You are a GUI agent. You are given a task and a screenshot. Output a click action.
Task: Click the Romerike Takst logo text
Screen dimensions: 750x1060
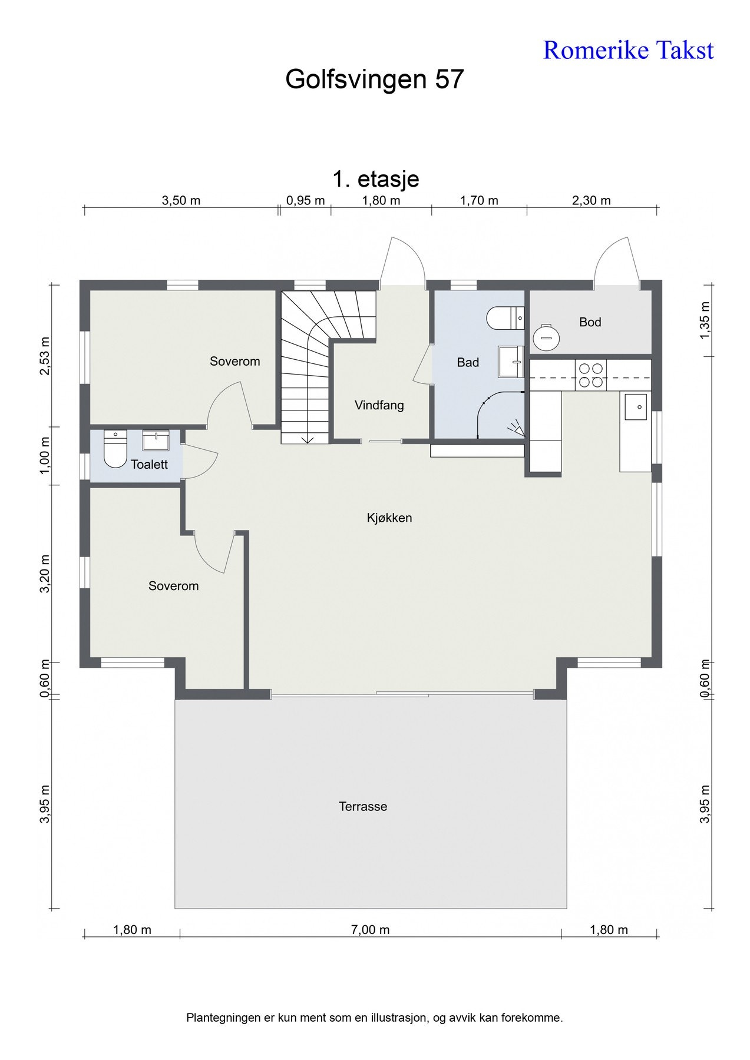point(628,51)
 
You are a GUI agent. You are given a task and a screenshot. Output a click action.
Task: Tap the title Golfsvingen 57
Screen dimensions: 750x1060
point(375,79)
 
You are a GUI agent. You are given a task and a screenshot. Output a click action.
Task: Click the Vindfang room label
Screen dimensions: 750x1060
point(379,405)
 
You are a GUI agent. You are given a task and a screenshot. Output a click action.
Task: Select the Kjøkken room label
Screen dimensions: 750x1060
point(389,518)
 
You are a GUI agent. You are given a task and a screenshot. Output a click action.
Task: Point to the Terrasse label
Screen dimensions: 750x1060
point(363,807)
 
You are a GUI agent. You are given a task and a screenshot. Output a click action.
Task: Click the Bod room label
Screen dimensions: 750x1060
point(590,322)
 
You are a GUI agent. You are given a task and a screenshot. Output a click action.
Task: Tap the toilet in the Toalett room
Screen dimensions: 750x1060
point(115,449)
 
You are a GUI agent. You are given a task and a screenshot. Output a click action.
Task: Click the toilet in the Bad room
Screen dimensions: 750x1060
point(505,318)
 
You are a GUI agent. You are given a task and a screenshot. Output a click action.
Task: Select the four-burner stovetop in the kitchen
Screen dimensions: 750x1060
point(591,375)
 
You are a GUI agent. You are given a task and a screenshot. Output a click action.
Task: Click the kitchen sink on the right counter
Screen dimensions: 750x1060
point(636,407)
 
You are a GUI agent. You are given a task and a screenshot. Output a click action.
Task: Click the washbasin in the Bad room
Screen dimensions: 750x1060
point(511,361)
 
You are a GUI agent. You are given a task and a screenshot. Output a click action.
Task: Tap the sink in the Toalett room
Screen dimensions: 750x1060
point(156,440)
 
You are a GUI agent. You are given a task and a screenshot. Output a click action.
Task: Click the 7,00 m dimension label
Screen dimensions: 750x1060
point(370,930)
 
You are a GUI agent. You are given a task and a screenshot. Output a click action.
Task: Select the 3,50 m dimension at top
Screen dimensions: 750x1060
point(181,201)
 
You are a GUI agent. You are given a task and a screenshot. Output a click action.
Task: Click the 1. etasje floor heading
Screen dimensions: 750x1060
point(376,178)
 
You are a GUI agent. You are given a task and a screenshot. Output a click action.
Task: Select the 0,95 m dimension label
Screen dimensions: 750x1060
point(305,201)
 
